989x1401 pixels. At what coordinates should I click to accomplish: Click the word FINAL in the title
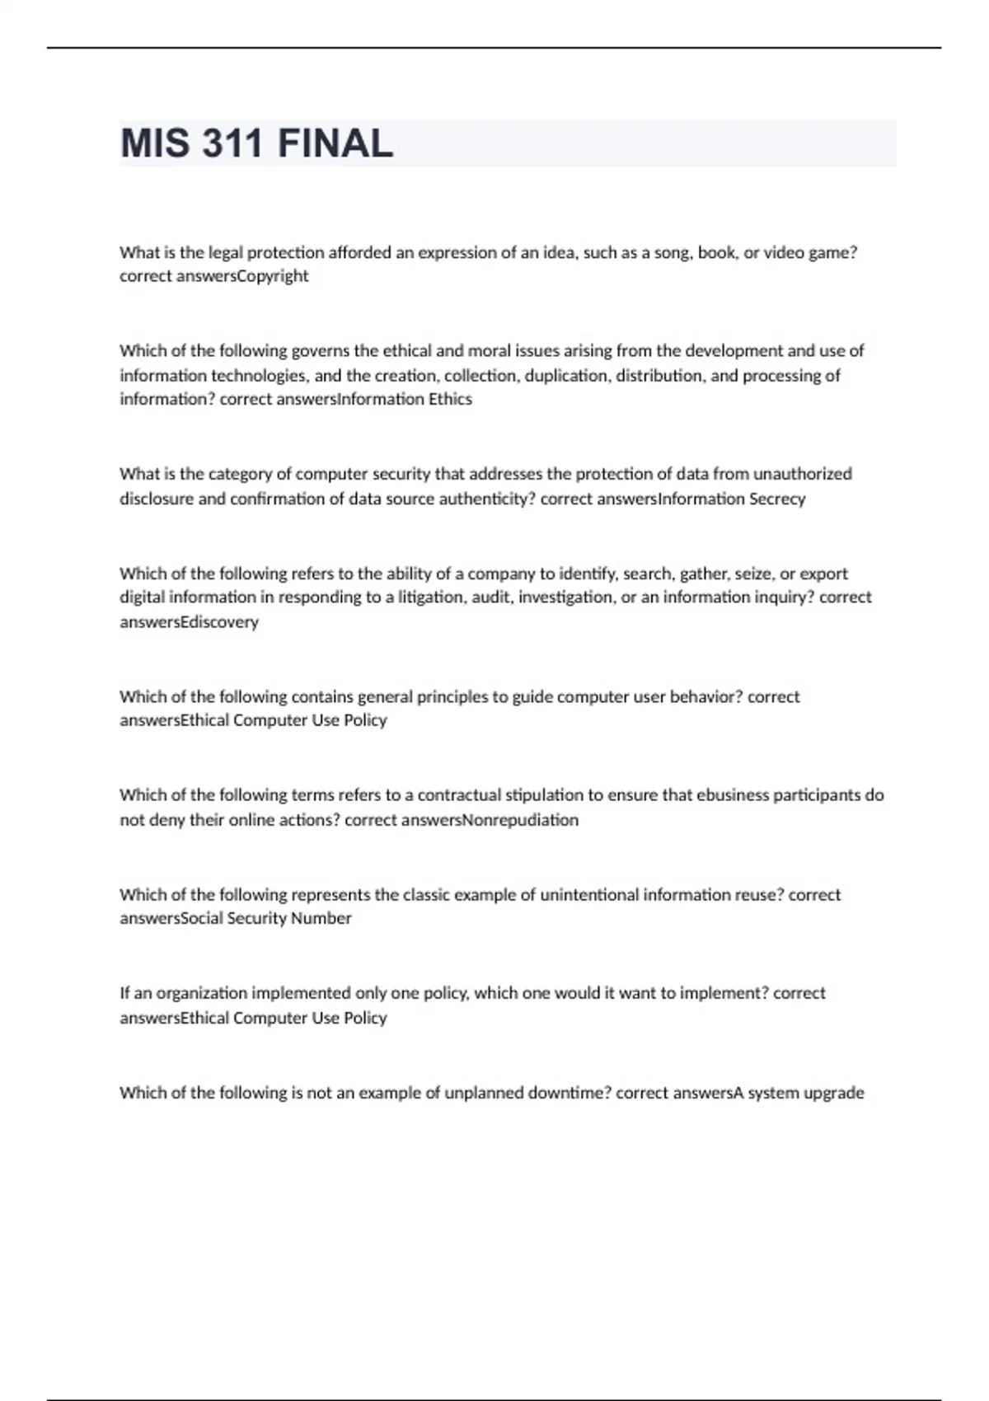(x=335, y=143)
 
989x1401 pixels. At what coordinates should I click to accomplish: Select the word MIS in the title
(x=153, y=143)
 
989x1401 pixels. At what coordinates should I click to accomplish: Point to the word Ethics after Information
(x=450, y=399)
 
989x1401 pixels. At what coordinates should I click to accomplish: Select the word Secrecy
(x=777, y=499)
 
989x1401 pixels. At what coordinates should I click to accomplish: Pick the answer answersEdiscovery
(x=189, y=621)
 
